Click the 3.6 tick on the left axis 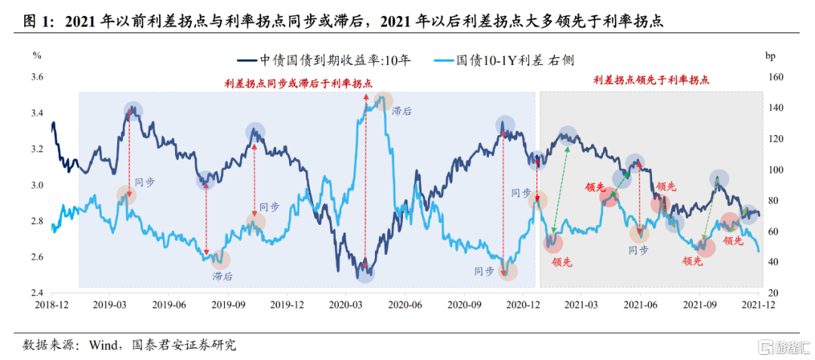pyautogui.click(x=37, y=77)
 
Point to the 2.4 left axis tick pyautogui.click(x=37, y=293)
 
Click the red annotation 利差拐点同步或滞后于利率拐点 pyautogui.click(x=298, y=84)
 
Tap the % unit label pyautogui.click(x=37, y=55)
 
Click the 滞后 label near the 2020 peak pyautogui.click(x=401, y=111)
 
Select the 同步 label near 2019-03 pyautogui.click(x=144, y=182)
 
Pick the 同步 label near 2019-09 pyautogui.click(x=269, y=207)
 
